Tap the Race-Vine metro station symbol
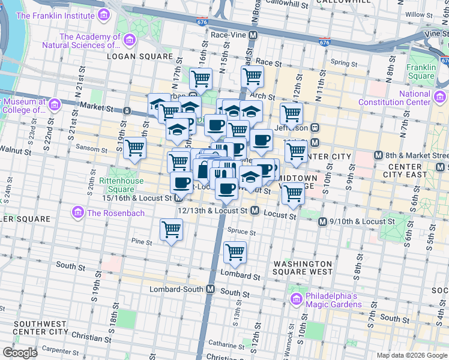click(x=253, y=35)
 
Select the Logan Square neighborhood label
click(x=140, y=56)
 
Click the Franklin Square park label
click(x=420, y=71)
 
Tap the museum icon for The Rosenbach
click(x=77, y=212)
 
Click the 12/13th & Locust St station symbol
click(x=255, y=211)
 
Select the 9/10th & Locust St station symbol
click(x=323, y=221)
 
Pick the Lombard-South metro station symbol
click(x=210, y=289)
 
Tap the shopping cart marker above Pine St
click(x=172, y=229)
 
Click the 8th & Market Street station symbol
click(x=378, y=155)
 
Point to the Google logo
click(x=20, y=352)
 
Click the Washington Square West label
click(x=303, y=268)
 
